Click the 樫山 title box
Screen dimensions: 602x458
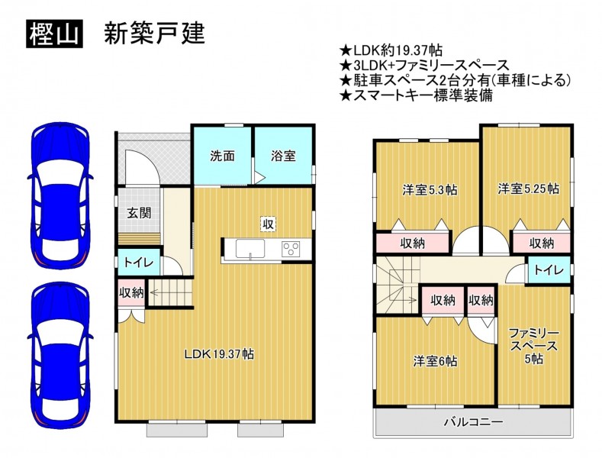click(x=54, y=34)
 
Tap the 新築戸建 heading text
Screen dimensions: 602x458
click(x=154, y=33)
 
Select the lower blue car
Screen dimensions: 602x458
click(x=60, y=356)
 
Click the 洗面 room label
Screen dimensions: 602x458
click(x=222, y=156)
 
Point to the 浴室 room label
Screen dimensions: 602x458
click(x=283, y=156)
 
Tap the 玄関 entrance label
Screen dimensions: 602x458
click(x=139, y=213)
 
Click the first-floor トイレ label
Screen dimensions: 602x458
click(x=138, y=263)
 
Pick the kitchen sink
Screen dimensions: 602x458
click(x=250, y=250)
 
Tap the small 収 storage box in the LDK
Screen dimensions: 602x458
click(x=268, y=224)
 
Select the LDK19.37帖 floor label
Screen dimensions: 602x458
click(x=219, y=354)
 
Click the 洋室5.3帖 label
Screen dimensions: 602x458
click(x=430, y=190)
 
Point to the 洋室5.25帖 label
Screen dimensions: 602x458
click(x=528, y=189)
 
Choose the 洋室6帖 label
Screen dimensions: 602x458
click(x=435, y=361)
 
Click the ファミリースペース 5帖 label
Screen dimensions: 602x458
click(x=533, y=346)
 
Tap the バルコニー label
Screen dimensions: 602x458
click(x=473, y=422)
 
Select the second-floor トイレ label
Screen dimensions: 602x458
click(x=549, y=270)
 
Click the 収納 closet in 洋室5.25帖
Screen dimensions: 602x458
click(x=541, y=243)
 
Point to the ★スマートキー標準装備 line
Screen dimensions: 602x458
click(x=416, y=95)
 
